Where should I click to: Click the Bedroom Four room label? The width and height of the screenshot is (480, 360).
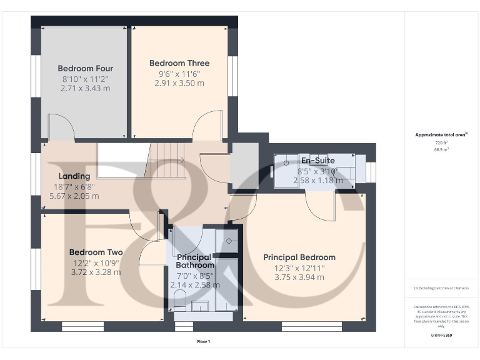[86, 68]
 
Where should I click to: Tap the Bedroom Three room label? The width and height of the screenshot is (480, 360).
[179, 63]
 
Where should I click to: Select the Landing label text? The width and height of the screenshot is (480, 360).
[74, 176]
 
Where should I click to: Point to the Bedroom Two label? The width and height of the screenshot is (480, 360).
[96, 252]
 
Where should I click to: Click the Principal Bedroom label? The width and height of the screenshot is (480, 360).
[299, 257]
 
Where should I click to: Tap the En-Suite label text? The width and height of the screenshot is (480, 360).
[317, 161]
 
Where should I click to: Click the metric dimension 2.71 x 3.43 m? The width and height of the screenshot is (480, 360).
[86, 88]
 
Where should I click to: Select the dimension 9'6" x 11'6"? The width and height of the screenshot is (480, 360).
[179, 73]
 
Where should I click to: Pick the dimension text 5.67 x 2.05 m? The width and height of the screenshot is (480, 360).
[74, 196]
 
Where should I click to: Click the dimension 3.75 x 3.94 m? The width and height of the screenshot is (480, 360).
[299, 277]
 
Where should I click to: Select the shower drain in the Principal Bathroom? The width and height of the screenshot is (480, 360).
[229, 240]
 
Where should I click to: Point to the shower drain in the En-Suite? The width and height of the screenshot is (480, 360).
[286, 163]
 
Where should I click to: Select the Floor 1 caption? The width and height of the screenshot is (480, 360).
[203, 342]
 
